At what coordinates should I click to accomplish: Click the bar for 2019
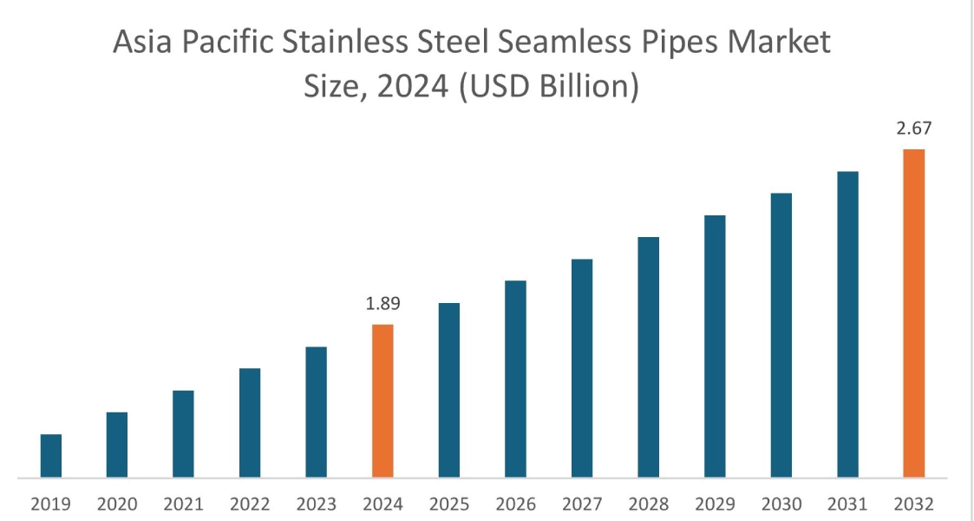(51, 455)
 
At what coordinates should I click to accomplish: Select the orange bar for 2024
(382, 400)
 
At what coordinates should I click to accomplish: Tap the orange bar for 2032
(914, 313)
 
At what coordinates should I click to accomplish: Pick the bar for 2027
(582, 368)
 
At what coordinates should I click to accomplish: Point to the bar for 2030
(781, 335)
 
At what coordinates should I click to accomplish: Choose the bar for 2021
(183, 433)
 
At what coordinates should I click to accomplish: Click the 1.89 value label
(382, 305)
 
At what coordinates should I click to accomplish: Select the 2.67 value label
(914, 129)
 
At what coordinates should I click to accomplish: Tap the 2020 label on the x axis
(117, 504)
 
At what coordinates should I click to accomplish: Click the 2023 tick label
(317, 504)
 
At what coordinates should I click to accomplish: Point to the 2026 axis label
(515, 504)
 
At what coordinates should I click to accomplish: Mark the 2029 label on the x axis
(715, 504)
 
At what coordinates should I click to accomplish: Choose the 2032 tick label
(914, 504)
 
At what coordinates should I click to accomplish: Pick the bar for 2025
(449, 390)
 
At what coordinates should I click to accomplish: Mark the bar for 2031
(847, 324)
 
